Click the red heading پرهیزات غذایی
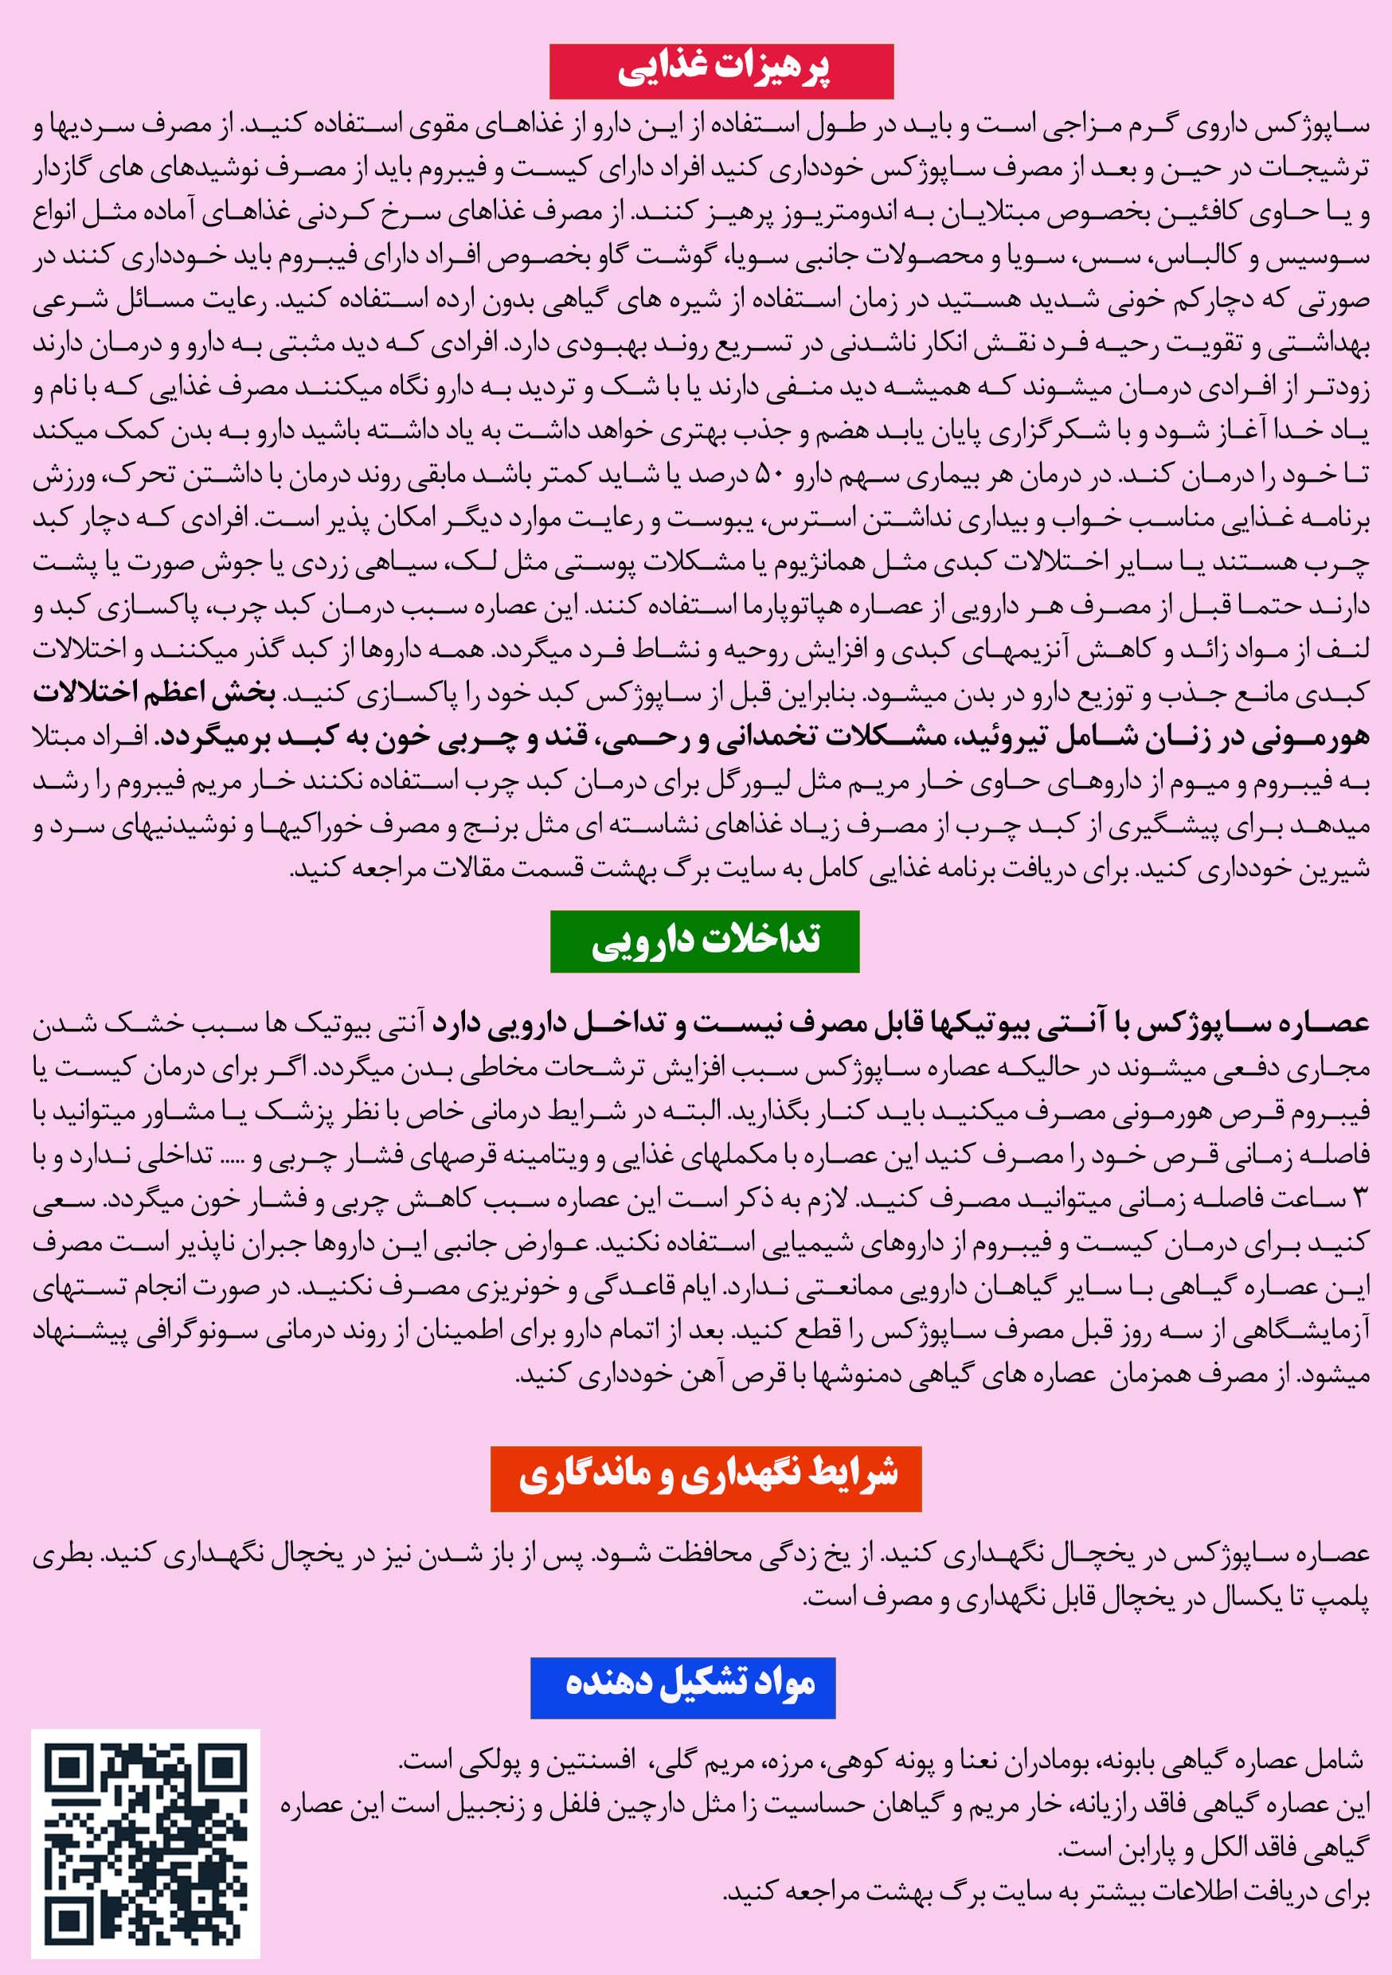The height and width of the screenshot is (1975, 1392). coord(721,72)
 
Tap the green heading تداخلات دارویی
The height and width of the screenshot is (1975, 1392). coord(705,941)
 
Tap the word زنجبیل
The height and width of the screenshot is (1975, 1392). coord(493,1807)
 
